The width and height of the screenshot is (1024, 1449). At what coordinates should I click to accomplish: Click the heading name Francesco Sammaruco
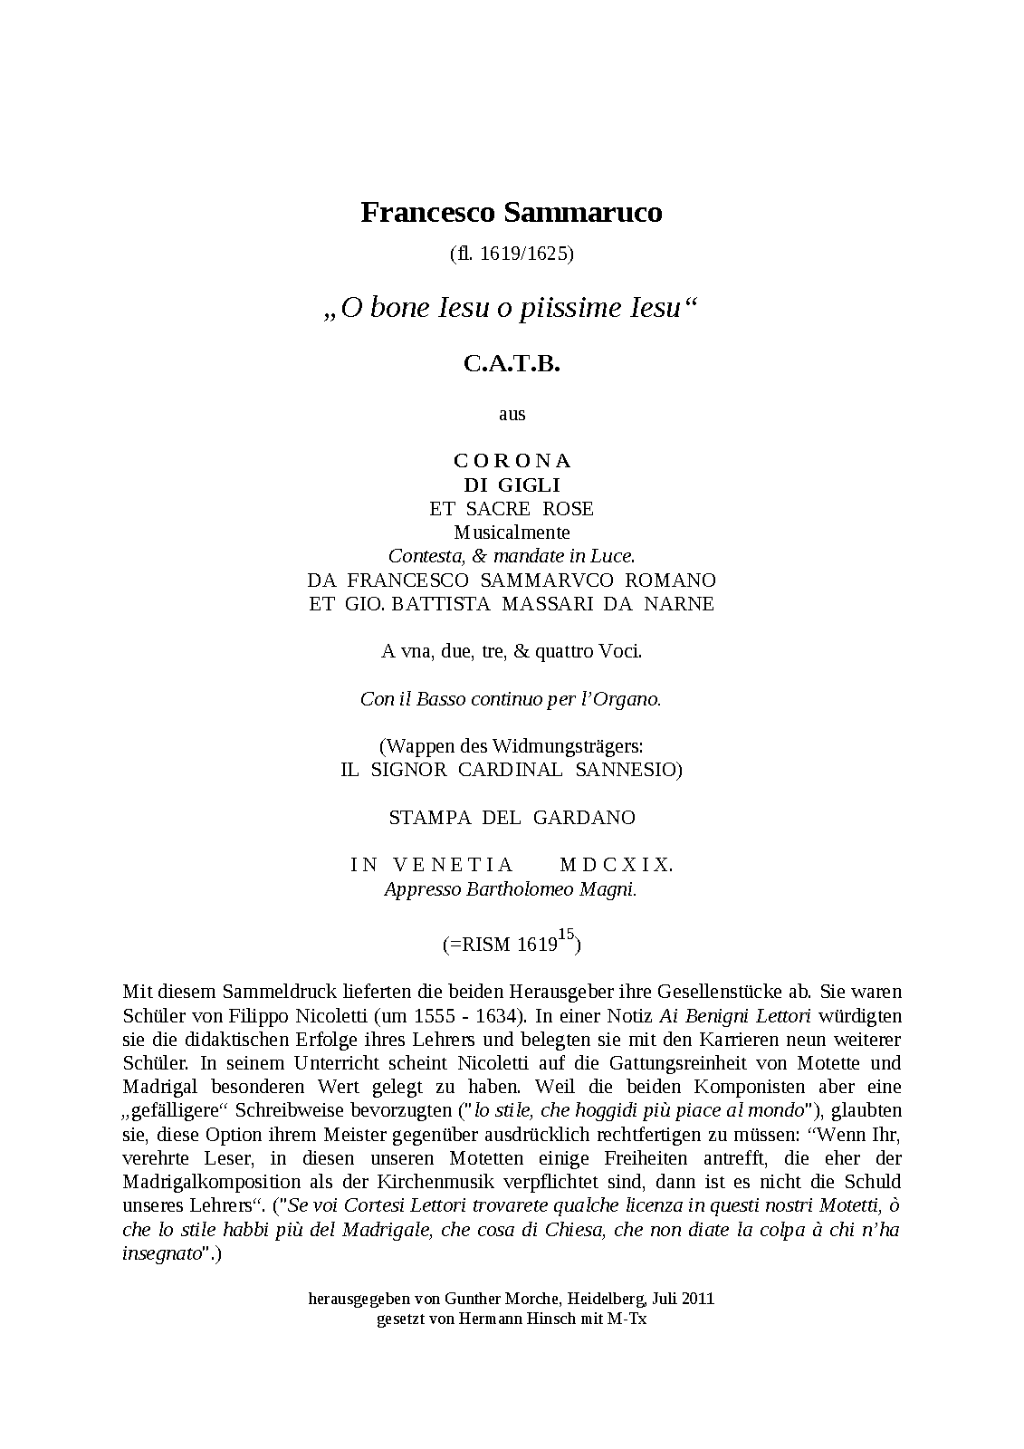[512, 213]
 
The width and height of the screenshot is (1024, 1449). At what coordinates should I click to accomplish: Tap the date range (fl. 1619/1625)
[512, 254]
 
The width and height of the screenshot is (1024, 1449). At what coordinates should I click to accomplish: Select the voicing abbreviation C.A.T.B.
[512, 364]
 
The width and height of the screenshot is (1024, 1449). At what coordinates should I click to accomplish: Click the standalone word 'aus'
[512, 414]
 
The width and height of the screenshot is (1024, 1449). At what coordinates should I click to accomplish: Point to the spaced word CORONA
[512, 461]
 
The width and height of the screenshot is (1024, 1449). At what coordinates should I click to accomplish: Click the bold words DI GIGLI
[512, 485]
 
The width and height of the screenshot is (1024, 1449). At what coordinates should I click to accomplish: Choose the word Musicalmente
[512, 533]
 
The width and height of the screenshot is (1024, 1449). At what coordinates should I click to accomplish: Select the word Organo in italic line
[632, 699]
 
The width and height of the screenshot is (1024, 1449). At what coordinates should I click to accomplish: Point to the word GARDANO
[584, 818]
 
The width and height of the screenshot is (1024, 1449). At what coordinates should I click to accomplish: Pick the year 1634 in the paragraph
[503, 1016]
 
